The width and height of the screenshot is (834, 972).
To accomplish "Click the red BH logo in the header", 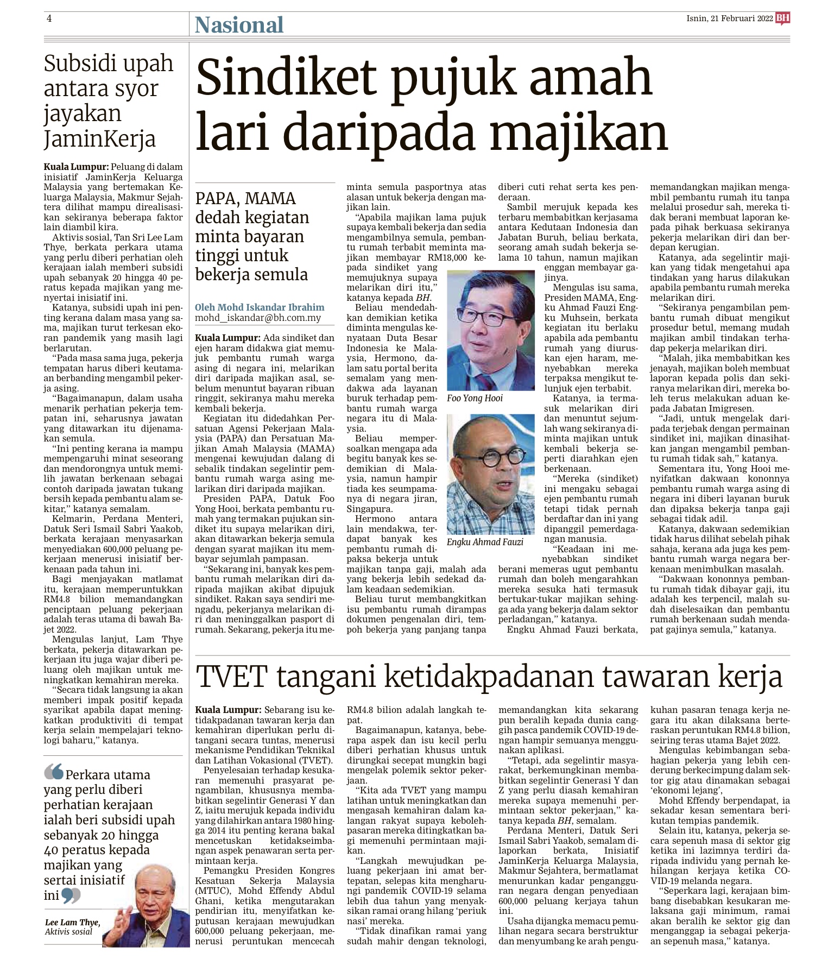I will click(782, 19).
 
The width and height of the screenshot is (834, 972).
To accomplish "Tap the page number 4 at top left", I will click(49, 18).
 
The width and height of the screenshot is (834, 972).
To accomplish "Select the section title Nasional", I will click(239, 25).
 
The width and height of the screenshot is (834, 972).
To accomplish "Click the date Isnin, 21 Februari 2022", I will click(729, 18).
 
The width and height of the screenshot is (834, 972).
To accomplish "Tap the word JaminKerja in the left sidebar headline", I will click(100, 139).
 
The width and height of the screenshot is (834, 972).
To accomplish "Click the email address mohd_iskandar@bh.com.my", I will click(258, 318).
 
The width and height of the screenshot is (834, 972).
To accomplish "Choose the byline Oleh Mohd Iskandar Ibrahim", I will click(260, 307).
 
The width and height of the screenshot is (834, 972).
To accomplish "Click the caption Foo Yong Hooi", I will click(475, 398).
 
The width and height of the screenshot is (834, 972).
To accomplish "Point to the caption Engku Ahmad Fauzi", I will click(485, 542).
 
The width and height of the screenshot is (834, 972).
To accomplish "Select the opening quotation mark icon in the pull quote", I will click(53, 773).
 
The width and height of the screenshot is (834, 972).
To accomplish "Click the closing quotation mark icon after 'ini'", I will click(71, 895).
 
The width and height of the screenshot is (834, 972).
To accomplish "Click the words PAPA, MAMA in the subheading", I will click(245, 198).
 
